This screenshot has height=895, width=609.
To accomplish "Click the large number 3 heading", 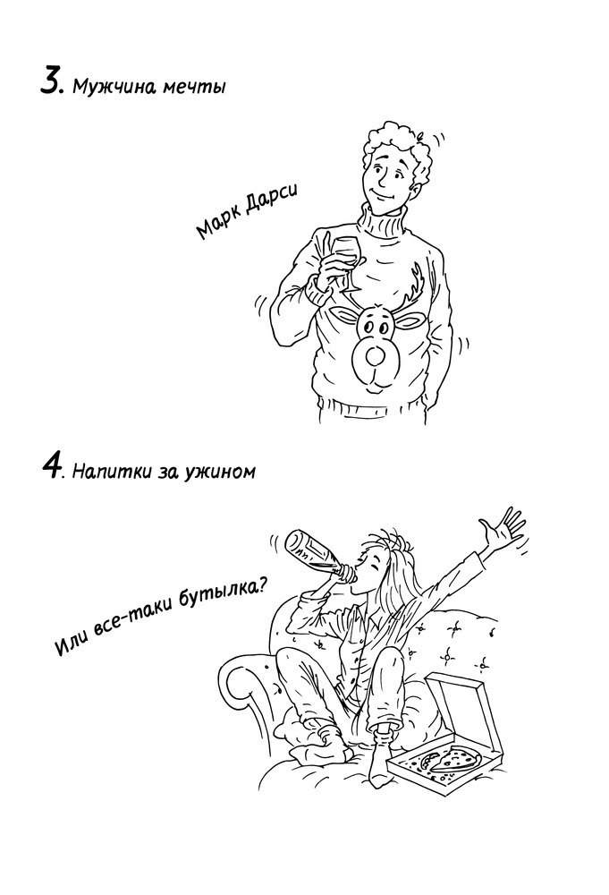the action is (x=51, y=81).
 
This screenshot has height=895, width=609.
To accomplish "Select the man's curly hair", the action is (x=399, y=149).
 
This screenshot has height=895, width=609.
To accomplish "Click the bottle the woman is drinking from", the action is (x=317, y=552).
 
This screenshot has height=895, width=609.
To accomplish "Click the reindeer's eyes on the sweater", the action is (x=374, y=328).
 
